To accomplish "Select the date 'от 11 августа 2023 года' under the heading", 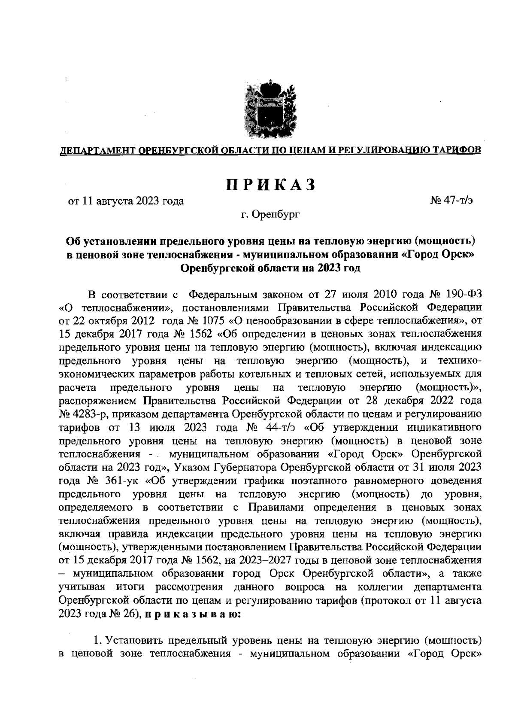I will pos(126,201).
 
